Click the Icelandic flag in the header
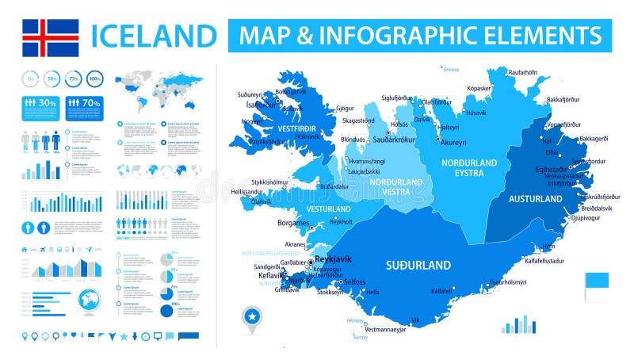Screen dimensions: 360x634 (x=50, y=36)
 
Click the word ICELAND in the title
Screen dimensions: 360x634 (x=154, y=36)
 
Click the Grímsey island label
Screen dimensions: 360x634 (x=452, y=69)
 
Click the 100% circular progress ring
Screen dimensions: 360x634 (x=95, y=79)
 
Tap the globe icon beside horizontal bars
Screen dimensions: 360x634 (x=89, y=303)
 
